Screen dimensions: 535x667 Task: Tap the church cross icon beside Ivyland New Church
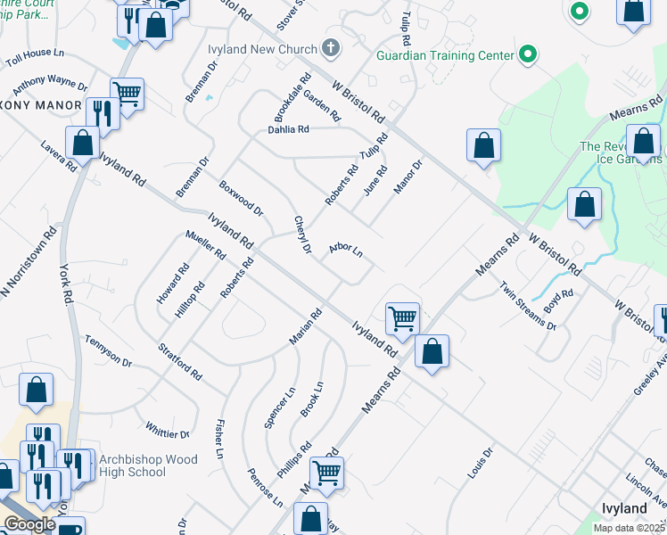coord(332,47)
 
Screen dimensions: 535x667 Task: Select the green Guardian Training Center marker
coord(528,55)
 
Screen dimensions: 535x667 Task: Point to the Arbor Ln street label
coord(346,251)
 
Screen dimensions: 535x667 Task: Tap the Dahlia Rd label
coord(288,129)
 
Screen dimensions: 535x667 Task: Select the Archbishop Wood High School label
coord(133,465)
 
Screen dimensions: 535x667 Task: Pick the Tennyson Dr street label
coord(109,351)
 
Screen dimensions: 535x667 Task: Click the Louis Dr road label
coord(480,464)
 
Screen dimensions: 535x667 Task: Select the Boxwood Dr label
coord(242,199)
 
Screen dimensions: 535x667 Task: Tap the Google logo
coord(30,524)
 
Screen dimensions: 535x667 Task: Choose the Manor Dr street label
coord(408,175)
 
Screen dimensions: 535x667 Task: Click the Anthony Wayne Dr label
coord(49,86)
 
